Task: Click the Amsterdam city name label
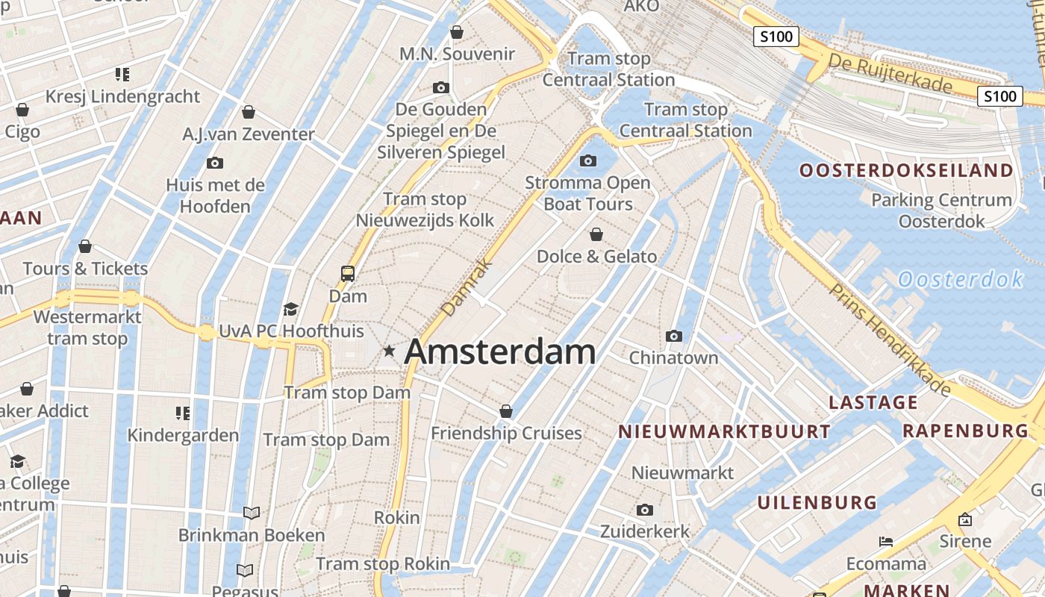pos(500,352)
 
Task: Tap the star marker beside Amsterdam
pos(389,350)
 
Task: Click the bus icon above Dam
pos(348,273)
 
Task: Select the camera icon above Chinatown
pos(674,336)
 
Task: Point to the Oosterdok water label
pos(960,280)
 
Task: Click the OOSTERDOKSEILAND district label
pos(907,170)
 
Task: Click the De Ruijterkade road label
pos(890,72)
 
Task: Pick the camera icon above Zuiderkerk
pos(645,510)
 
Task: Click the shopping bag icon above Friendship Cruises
pos(506,411)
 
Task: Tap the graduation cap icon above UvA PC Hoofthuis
pos(291,309)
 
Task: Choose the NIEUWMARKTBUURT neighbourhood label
pos(724,431)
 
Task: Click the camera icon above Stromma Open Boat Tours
pos(588,160)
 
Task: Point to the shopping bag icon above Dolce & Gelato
pos(596,235)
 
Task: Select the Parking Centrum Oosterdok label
pos(942,210)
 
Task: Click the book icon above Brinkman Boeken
pos(252,513)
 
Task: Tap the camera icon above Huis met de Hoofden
pos(215,163)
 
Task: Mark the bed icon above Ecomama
pos(886,541)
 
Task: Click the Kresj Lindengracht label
pos(123,96)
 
